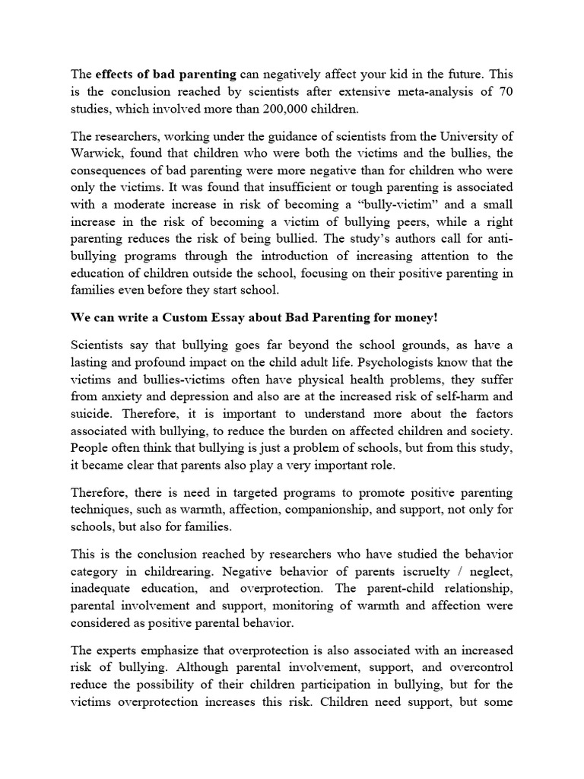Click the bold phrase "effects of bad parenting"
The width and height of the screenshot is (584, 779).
(166, 75)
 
